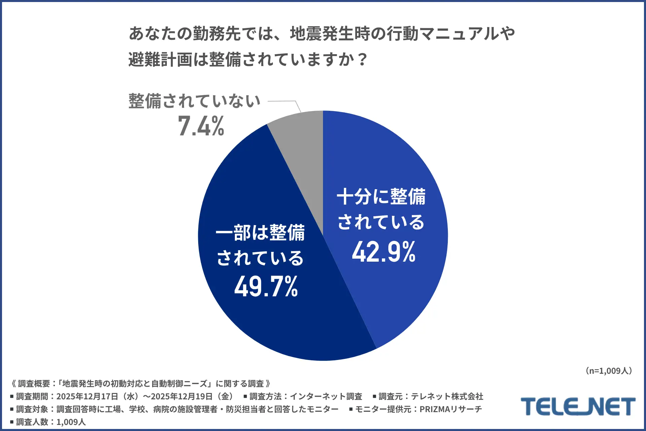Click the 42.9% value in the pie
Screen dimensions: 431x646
(384, 252)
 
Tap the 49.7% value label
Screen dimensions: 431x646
(266, 287)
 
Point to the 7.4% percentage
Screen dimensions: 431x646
(201, 126)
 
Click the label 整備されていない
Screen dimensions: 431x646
(194, 101)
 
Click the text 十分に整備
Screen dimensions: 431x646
(381, 197)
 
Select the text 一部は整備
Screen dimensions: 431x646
(260, 233)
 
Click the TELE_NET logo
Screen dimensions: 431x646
(578, 406)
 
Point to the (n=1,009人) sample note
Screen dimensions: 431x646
(609, 371)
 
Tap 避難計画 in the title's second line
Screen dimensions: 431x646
(160, 60)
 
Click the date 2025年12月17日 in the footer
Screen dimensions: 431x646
(87, 396)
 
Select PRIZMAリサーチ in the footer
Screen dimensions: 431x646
(451, 409)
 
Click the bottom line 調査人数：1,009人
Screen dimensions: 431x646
(50, 422)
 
